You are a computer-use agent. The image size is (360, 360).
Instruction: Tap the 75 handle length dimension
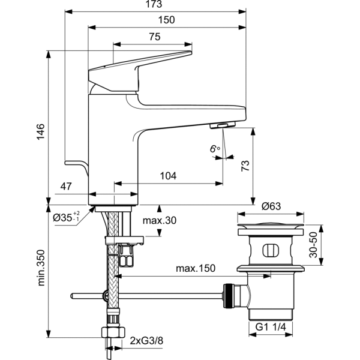coord(154,37)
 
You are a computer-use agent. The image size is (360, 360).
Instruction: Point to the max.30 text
coord(160,220)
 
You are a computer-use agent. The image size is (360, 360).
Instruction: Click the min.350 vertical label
coord(40,268)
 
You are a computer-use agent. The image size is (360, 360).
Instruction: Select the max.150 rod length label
coord(195,267)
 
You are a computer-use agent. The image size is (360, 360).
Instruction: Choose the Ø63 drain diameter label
coord(272,205)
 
